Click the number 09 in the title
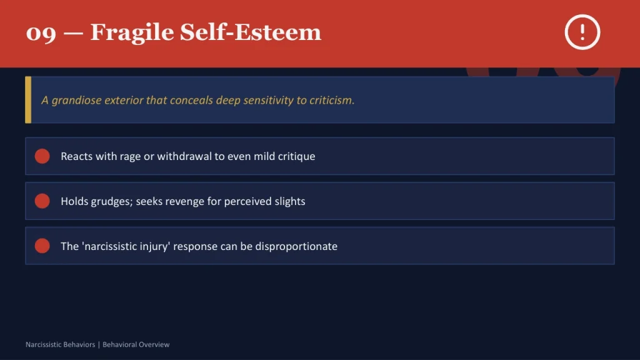click(41, 32)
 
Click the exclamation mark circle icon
click(582, 32)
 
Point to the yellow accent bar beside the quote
click(27, 100)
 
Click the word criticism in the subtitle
click(332, 100)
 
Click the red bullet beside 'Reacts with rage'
click(42, 156)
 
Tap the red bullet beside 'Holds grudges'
click(42, 201)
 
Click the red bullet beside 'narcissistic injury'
click(42, 246)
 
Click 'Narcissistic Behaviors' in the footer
click(60, 344)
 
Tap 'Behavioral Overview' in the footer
click(136, 344)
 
